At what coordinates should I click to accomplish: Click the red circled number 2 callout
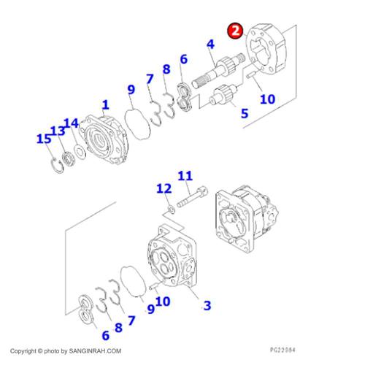coord(235,31)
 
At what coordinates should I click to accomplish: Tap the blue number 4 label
coord(210,45)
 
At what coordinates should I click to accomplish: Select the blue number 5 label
coord(245,113)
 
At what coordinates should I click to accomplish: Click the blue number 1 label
coord(105,105)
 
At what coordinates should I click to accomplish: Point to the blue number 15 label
coord(44,139)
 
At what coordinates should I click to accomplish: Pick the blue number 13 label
coord(58,131)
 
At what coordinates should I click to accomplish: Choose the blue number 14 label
coord(72,123)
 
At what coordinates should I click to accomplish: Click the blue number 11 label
coord(185,176)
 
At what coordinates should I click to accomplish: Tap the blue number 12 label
coord(164,188)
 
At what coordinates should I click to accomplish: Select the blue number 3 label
coord(207,305)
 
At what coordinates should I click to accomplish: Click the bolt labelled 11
coord(192,197)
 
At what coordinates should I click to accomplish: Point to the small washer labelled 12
coord(172,210)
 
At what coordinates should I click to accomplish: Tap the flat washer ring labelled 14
coord(80,152)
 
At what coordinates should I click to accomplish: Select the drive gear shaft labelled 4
coord(218,70)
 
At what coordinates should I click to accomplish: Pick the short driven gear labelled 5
coord(223,94)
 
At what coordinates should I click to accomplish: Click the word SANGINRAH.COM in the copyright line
coord(95,351)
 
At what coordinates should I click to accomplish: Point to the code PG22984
coord(283,350)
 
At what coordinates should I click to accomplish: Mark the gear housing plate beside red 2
coord(266,48)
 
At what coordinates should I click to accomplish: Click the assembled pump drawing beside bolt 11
coord(247,219)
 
